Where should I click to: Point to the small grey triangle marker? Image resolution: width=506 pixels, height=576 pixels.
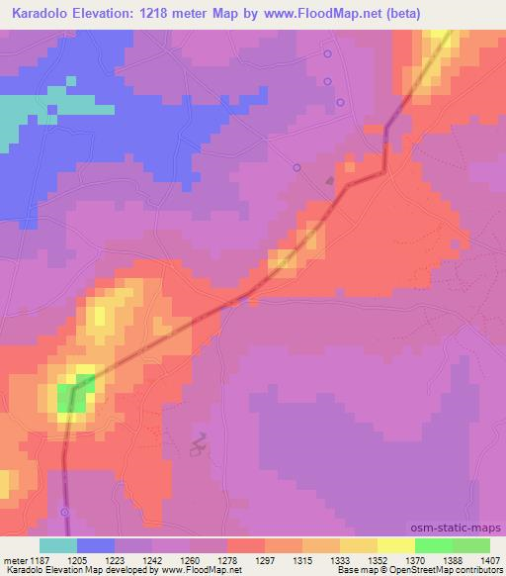click(x=330, y=180)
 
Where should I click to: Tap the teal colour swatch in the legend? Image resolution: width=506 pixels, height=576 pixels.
click(x=58, y=545)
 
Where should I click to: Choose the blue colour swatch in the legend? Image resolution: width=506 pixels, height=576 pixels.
click(x=96, y=545)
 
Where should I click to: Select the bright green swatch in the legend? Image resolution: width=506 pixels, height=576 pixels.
click(x=434, y=545)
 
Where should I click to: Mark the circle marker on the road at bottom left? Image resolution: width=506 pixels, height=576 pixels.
click(x=65, y=512)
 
